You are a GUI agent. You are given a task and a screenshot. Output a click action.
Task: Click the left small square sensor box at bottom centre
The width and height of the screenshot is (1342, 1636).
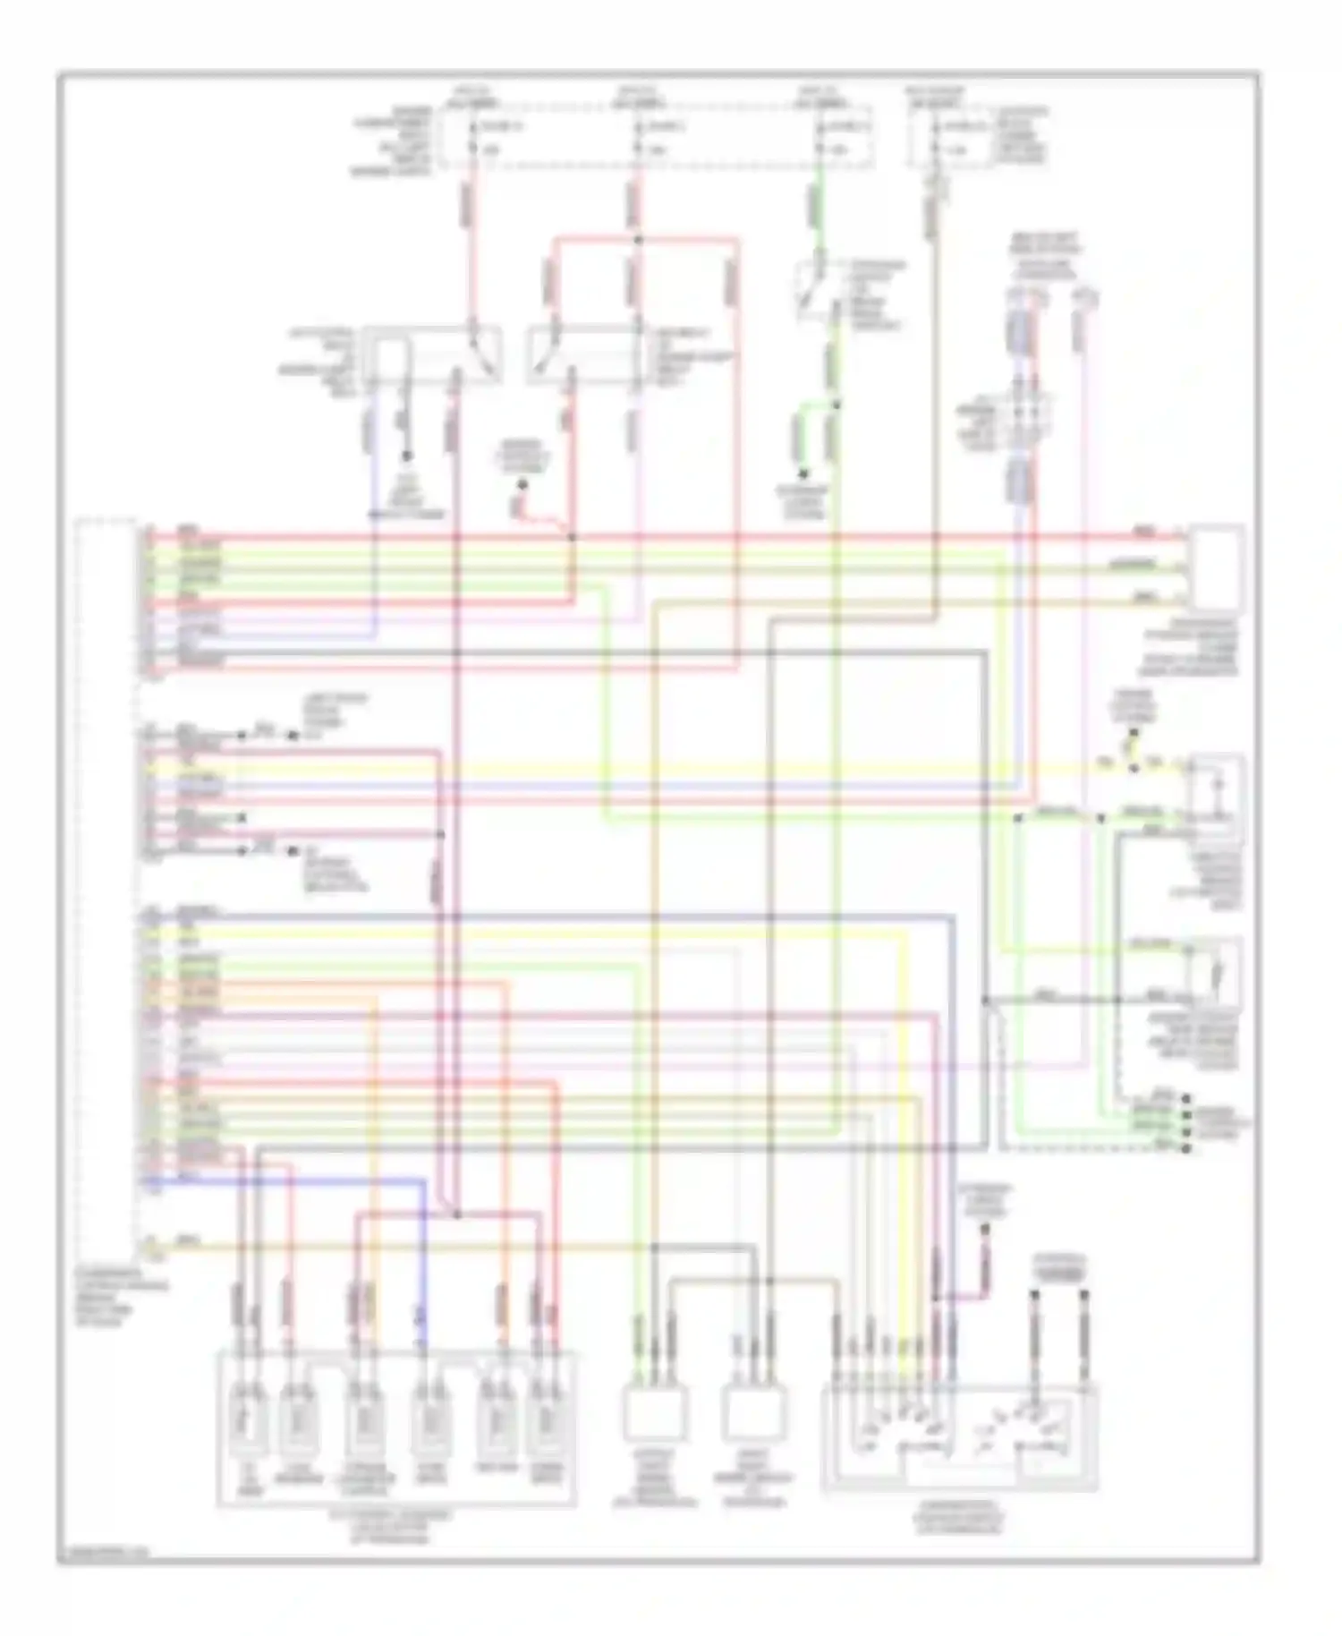[x=655, y=1414]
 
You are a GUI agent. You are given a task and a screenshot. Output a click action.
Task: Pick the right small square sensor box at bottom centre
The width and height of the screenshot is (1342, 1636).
[x=754, y=1414]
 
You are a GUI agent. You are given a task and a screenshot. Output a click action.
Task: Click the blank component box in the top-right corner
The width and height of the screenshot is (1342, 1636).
[x=1216, y=567]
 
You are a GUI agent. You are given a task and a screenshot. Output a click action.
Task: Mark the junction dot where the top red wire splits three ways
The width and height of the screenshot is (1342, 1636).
[x=637, y=240]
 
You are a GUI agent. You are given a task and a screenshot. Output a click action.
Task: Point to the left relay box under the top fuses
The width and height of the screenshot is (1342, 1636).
[x=437, y=356]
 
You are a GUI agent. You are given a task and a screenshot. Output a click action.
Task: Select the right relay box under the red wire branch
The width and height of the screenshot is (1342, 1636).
[x=586, y=356]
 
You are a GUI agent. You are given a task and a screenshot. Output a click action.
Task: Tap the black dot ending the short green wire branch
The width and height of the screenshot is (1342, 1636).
[x=803, y=474]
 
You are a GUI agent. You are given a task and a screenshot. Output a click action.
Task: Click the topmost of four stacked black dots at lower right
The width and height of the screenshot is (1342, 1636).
[x=1186, y=1098]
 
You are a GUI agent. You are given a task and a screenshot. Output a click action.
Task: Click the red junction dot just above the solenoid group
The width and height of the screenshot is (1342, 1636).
[x=456, y=1214]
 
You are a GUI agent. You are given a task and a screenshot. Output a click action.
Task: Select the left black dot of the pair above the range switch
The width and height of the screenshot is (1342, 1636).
[x=1034, y=1294]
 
